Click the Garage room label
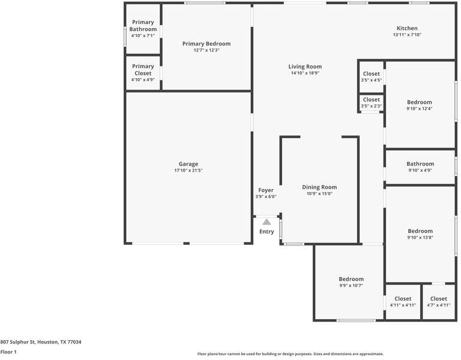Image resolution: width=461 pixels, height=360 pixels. pyautogui.click(x=188, y=164)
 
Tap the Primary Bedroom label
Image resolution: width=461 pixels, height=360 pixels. pyautogui.click(x=206, y=44)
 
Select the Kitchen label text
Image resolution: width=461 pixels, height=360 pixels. pyautogui.click(x=406, y=28)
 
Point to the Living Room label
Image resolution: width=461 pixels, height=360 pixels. pyautogui.click(x=305, y=67)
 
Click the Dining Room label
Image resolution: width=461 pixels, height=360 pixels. pyautogui.click(x=319, y=187)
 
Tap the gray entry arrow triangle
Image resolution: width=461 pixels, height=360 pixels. pyautogui.click(x=267, y=222)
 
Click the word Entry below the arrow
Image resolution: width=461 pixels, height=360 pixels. pyautogui.click(x=267, y=232)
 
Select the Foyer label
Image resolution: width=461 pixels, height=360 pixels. pyautogui.click(x=266, y=190)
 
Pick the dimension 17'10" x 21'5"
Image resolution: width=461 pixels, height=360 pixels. pyautogui.click(x=188, y=171)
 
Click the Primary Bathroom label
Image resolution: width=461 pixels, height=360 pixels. pyautogui.click(x=143, y=26)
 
